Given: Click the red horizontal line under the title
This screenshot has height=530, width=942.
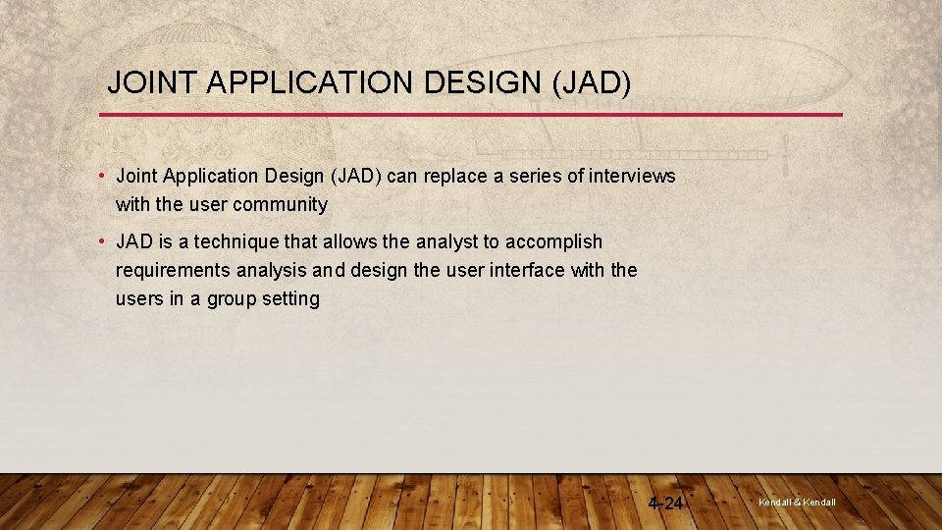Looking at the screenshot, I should (x=471, y=115).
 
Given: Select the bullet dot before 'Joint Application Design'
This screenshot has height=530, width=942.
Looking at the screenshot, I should (x=102, y=177).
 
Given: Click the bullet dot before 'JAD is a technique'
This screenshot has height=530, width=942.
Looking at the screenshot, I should (x=102, y=241).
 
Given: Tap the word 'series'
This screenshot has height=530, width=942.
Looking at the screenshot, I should (x=535, y=177).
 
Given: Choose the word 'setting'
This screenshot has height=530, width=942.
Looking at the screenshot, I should (x=290, y=298).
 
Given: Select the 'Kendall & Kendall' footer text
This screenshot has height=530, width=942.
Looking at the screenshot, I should (x=797, y=503).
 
